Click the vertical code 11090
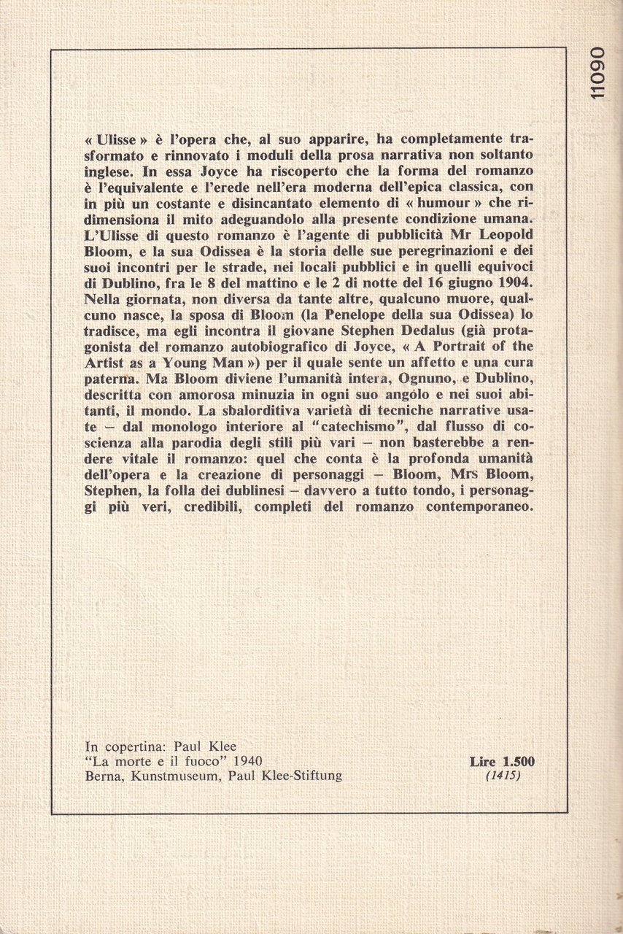[599, 73]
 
